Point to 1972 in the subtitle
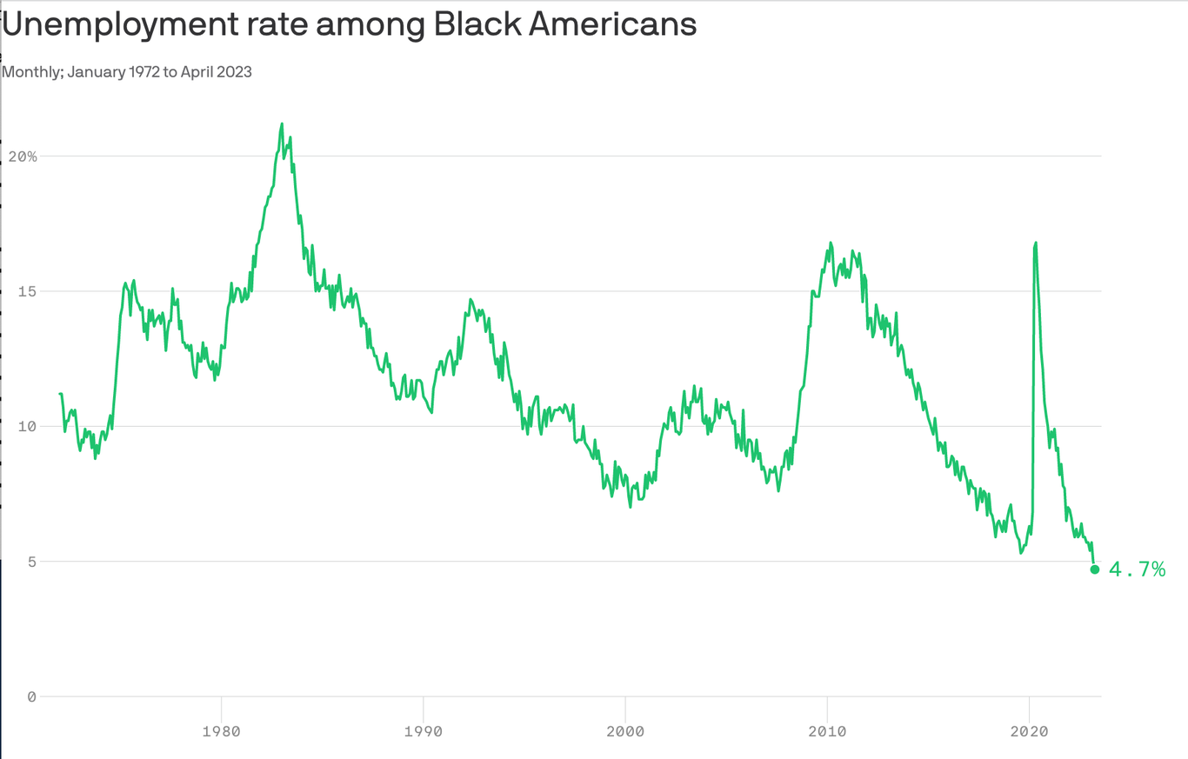[143, 72]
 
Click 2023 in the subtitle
[234, 72]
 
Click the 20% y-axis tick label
[23, 156]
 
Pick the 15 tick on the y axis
[26, 291]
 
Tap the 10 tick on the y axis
[26, 426]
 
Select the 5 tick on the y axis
[31, 562]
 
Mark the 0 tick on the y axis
[31, 696]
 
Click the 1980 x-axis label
[222, 731]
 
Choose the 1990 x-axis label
[424, 731]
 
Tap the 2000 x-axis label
[625, 731]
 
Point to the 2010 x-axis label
[827, 731]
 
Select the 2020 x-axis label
[1029, 731]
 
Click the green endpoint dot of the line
[1095, 569]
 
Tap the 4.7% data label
[1137, 569]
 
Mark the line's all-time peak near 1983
[282, 124]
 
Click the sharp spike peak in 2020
[1036, 243]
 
